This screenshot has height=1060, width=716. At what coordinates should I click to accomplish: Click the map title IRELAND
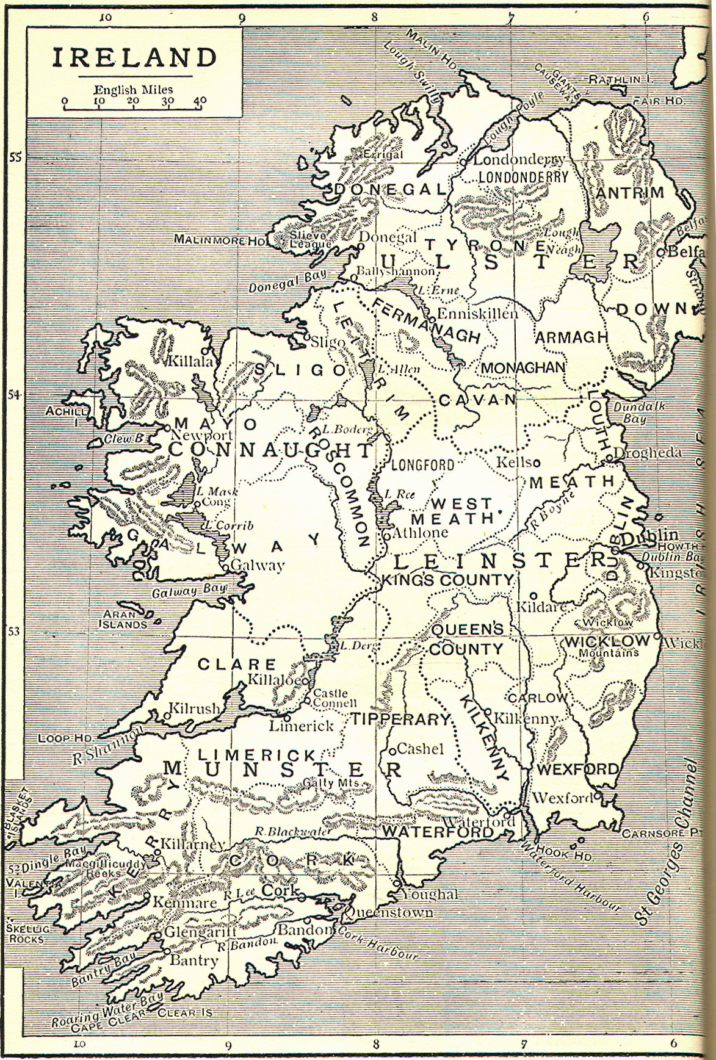[134, 57]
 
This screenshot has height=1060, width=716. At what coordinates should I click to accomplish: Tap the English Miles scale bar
[134, 108]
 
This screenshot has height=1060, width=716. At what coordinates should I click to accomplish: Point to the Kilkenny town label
[525, 718]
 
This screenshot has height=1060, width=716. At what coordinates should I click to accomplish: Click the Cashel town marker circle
[393, 748]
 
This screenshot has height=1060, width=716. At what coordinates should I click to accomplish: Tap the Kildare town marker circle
[533, 595]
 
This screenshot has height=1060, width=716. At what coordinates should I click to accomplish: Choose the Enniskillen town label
[478, 314]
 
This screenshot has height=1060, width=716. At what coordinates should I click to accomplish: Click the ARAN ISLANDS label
[123, 619]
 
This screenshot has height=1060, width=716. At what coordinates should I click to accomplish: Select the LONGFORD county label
[422, 465]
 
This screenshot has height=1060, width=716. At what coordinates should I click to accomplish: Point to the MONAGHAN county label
[523, 368]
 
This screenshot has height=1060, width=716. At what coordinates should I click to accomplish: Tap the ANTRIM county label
[629, 193]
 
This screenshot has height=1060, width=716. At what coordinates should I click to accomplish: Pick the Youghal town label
[429, 894]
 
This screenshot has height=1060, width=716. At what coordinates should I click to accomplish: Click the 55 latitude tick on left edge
[15, 157]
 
